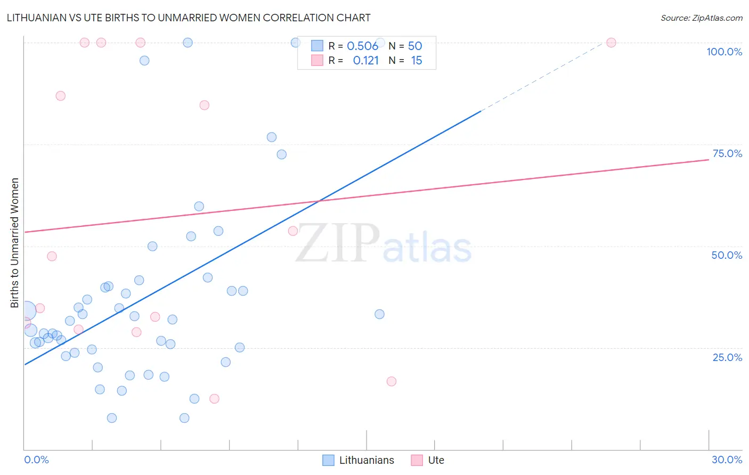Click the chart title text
pyautogui.click(x=189, y=18)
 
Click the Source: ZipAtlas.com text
pyautogui.click(x=701, y=18)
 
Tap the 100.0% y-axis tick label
pyautogui.click(x=724, y=52)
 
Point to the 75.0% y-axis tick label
pyautogui.click(x=727, y=153)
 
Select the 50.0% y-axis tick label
pyautogui.click(x=727, y=255)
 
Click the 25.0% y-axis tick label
pyautogui.click(x=727, y=357)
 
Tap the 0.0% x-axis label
pyautogui.click(x=36, y=460)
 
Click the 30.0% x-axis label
pyautogui.click(x=727, y=460)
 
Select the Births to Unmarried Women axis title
pyautogui.click(x=15, y=243)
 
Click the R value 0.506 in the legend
pyautogui.click(x=362, y=46)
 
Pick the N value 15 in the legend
pyautogui.click(x=416, y=61)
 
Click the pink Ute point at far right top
pyautogui.click(x=611, y=43)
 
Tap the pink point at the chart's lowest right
pyautogui.click(x=392, y=381)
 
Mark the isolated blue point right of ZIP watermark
pyautogui.click(x=379, y=314)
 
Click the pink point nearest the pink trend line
pyautogui.click(x=292, y=231)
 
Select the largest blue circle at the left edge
pyautogui.click(x=27, y=310)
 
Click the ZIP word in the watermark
pyautogui.click(x=337, y=243)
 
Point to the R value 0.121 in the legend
pyautogui.click(x=365, y=61)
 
